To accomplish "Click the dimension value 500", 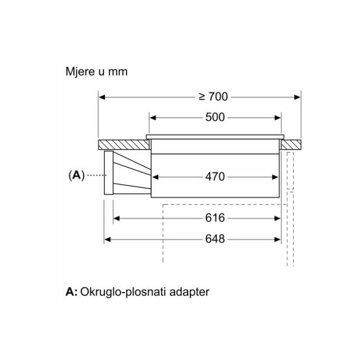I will [x=215, y=117].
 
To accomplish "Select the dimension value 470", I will [x=215, y=176].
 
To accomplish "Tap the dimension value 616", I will [x=215, y=218].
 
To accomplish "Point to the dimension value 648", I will [x=215, y=239].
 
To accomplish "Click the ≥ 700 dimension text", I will [x=213, y=97].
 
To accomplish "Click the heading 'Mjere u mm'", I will [x=96, y=71].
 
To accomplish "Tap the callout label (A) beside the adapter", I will [x=76, y=175].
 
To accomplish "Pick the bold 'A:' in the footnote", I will [x=71, y=292].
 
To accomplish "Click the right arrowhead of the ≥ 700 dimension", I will [x=297, y=97].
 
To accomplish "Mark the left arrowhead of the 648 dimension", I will [x=107, y=239].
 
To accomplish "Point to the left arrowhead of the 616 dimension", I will [x=116, y=218].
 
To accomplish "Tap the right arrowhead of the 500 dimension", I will [x=278, y=117].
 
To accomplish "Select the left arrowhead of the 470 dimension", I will [x=156, y=176].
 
